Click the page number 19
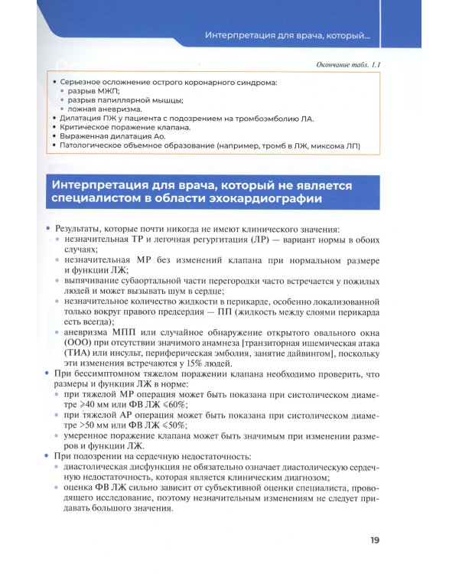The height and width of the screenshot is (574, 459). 374,540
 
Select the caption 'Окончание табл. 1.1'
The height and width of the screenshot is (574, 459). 349,66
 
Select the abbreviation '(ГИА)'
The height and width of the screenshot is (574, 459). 79,354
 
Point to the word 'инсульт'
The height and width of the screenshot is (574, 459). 129,354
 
